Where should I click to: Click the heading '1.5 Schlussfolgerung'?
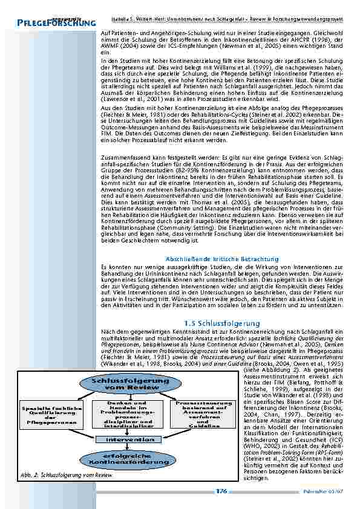click(221, 323)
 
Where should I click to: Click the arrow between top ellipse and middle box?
click(131, 396)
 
